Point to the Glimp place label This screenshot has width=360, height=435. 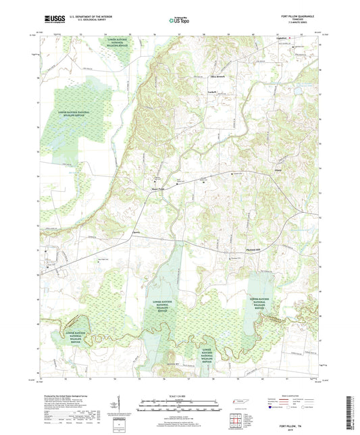[x=278, y=171]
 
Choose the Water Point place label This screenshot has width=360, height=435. [x=157, y=189]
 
